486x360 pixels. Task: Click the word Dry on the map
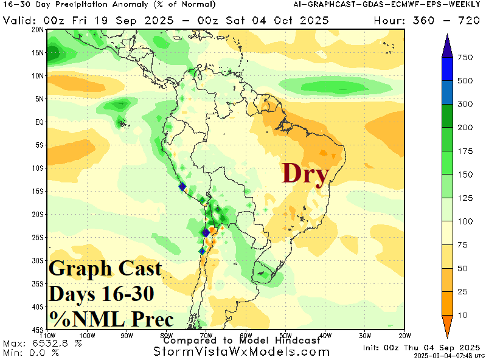tap(305, 175)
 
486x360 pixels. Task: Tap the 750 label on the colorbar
tap(465, 58)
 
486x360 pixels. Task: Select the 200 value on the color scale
tap(465, 128)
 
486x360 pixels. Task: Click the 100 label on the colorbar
tap(465, 221)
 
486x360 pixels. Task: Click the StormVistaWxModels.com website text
tap(241, 351)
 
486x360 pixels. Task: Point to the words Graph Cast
tap(105, 268)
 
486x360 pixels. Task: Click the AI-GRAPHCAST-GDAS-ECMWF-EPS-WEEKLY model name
tap(378, 5)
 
